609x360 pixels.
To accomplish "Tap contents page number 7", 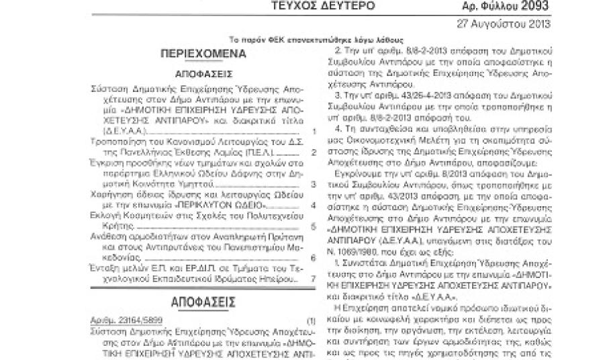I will (x=314, y=279).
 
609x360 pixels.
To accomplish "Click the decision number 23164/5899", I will (x=139, y=322).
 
